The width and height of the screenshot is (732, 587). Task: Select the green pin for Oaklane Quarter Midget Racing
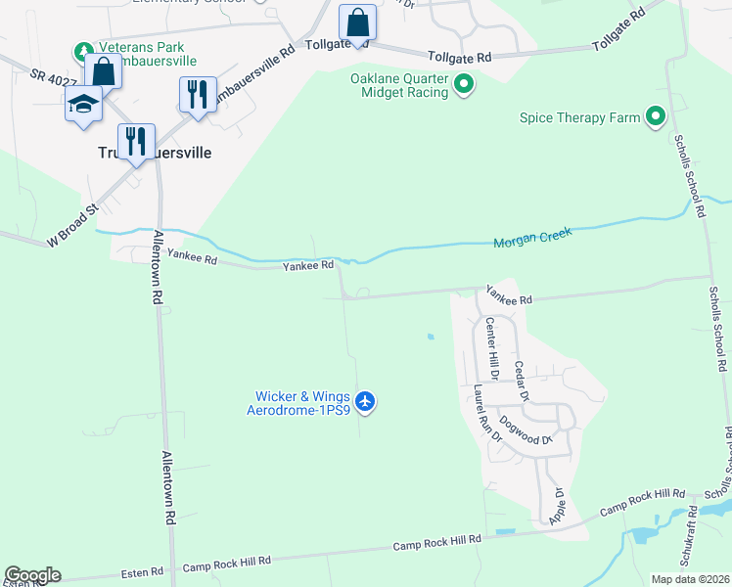(464, 87)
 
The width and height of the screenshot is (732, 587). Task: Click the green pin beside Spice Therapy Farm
(656, 118)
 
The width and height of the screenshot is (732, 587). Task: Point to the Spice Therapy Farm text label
(580, 118)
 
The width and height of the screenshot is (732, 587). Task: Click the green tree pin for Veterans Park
(84, 50)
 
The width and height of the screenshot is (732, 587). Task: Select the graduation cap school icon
(83, 103)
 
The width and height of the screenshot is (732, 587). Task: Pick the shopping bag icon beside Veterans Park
(103, 70)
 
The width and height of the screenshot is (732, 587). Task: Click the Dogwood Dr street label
(526, 432)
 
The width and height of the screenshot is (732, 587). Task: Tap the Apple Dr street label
(558, 507)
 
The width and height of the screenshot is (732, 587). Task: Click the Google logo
(32, 575)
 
